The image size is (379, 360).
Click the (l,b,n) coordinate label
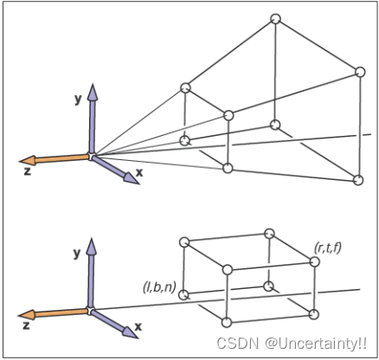pyautogui.click(x=159, y=287)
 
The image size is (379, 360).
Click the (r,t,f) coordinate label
pyautogui.click(x=328, y=247)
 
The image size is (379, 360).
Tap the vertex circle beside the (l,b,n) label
pyautogui.click(x=183, y=295)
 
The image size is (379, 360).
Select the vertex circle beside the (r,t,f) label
pyautogui.click(x=314, y=261)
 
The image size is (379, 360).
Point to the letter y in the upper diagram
pyautogui.click(x=78, y=99)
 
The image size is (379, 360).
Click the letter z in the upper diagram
pyautogui.click(x=27, y=171)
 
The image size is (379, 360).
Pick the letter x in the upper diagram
pyautogui.click(x=139, y=172)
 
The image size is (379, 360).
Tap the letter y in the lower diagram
pyautogui.click(x=77, y=253)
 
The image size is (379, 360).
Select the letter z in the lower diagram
pyautogui.click(x=26, y=325)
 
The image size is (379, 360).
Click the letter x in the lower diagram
pyautogui.click(x=138, y=326)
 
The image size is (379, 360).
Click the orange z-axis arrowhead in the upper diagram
pyautogui.click(x=28, y=161)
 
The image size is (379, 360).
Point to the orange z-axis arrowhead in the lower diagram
pyautogui.click(x=27, y=315)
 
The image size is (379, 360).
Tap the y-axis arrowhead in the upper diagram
pyautogui.click(x=93, y=92)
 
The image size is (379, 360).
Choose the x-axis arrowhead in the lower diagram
pyautogui.click(x=130, y=332)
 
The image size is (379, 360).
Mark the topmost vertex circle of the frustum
pyautogui.click(x=276, y=19)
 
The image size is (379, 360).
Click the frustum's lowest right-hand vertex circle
pyautogui.click(x=358, y=180)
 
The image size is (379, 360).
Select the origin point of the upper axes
pyautogui.click(x=92, y=157)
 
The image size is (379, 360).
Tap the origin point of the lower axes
pyautogui.click(x=91, y=311)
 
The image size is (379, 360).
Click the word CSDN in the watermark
pyautogui.click(x=238, y=344)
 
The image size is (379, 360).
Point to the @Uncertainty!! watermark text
pyautogui.click(x=316, y=344)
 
